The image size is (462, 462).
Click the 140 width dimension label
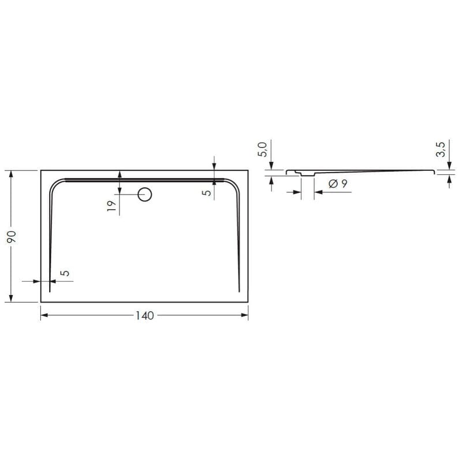pyautogui.click(x=144, y=315)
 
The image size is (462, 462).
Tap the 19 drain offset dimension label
pyautogui.click(x=111, y=205)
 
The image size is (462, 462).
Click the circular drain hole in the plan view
pyautogui.click(x=144, y=195)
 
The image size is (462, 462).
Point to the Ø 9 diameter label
pyautogui.click(x=337, y=184)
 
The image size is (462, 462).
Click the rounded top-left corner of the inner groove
pyautogui.click(x=55, y=184)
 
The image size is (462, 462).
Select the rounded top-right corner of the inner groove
pyautogui.click(x=233, y=184)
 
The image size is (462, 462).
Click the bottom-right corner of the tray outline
pyautogui.click(x=248, y=302)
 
